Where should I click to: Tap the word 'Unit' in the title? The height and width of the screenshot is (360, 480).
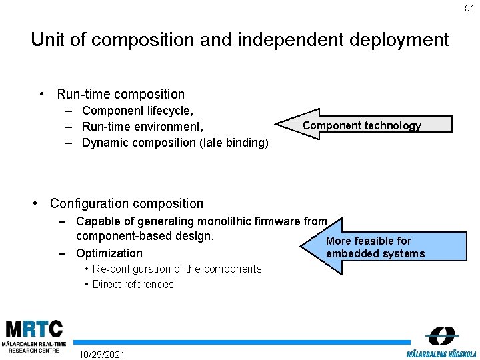pos(48,40)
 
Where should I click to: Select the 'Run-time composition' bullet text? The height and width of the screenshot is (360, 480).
pos(121,94)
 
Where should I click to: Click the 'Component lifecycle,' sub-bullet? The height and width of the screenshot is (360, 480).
pos(137,110)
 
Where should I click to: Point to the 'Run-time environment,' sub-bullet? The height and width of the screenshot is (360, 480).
pos(142,126)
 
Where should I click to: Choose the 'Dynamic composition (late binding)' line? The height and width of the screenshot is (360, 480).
pos(175,142)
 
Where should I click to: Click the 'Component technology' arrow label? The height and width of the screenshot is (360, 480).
pos(362,125)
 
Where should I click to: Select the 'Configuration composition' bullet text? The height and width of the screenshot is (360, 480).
pos(127,203)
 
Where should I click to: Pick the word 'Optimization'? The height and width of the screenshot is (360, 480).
pos(109,253)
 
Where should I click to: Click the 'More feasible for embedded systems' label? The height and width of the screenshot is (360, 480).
pos(375,247)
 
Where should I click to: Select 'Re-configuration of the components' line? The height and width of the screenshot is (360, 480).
pos(177,269)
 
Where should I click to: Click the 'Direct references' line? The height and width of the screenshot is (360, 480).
pos(133,284)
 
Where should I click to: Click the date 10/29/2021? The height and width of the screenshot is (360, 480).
pos(101,353)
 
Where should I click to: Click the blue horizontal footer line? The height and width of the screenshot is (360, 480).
pos(240,341)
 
